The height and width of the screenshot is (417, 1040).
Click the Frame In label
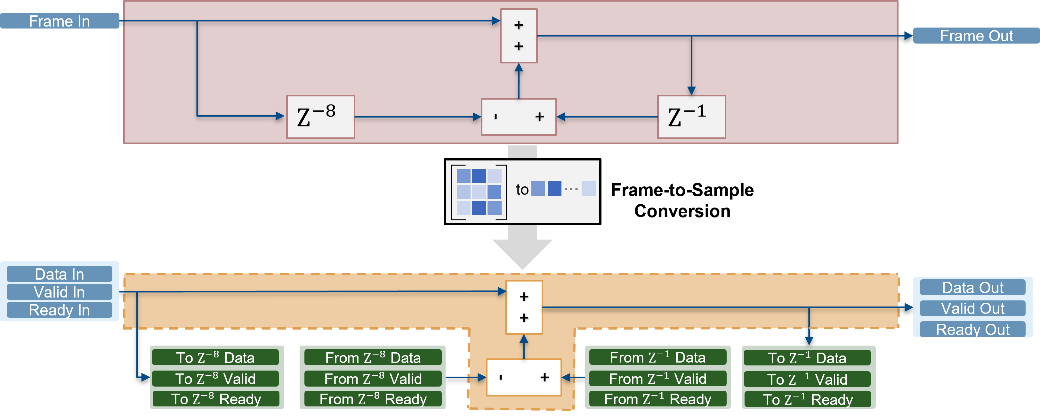(x=59, y=21)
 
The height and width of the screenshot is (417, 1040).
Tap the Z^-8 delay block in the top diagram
(x=320, y=117)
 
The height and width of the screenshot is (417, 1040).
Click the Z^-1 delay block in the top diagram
(x=691, y=117)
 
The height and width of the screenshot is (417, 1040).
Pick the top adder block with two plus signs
(x=518, y=36)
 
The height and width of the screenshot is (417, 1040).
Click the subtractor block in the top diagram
(x=518, y=117)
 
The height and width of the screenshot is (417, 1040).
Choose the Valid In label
(x=59, y=292)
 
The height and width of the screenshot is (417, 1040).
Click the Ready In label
(x=59, y=310)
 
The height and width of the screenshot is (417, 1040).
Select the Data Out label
(x=972, y=287)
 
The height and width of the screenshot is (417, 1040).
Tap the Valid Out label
(x=972, y=308)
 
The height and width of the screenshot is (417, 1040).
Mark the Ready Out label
(x=972, y=329)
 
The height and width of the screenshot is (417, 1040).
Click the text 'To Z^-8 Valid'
(x=216, y=379)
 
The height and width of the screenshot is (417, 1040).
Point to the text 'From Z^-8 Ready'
(x=373, y=399)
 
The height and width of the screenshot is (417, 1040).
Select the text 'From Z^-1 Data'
(x=657, y=358)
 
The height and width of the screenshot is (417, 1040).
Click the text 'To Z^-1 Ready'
(x=808, y=400)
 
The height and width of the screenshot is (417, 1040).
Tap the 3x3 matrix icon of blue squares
(x=479, y=192)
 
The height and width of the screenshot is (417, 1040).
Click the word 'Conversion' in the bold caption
(x=682, y=211)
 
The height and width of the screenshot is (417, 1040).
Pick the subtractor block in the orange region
(x=524, y=377)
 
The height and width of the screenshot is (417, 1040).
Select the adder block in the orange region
(x=524, y=307)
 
